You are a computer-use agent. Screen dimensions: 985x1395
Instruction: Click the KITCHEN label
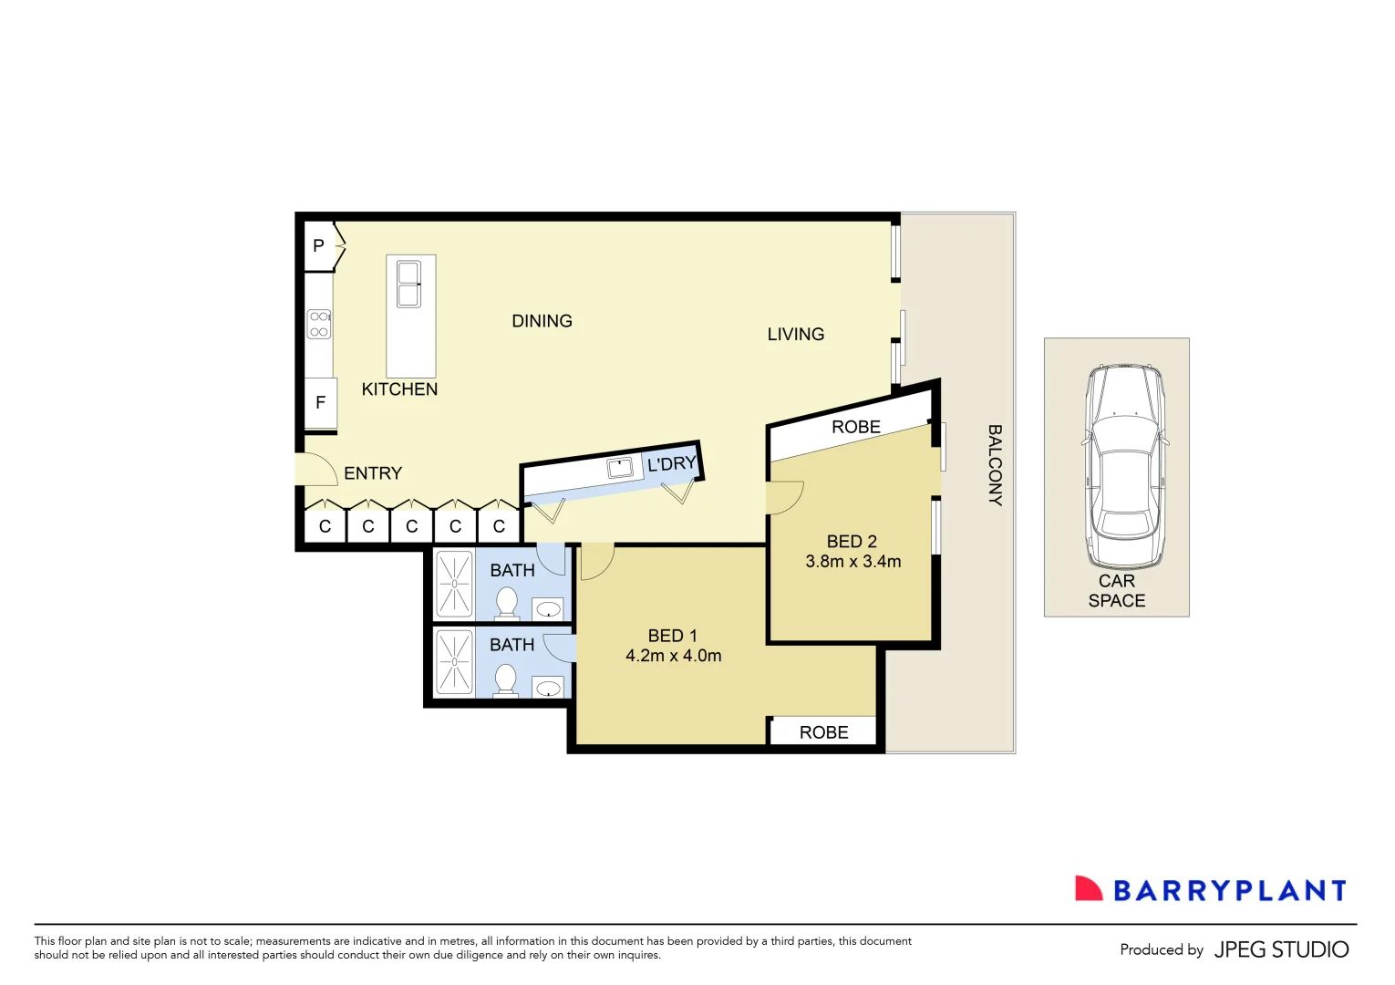pos(399,389)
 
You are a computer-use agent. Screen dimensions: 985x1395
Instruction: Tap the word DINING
pos(542,321)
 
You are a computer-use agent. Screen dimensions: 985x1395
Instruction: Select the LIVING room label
pos(795,335)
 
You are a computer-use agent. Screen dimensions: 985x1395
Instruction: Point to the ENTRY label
pos(373,473)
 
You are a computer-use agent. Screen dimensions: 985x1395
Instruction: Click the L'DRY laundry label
pos(671,464)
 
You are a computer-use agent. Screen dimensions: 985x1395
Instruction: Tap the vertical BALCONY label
pos(995,465)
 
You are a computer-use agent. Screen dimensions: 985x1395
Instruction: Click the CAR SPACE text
pos(1116,591)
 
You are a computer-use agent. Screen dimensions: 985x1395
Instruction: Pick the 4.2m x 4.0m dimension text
pos(673,656)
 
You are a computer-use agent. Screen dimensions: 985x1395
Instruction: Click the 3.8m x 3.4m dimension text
pos(852,562)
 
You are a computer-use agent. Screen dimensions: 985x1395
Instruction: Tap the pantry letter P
pos(318,245)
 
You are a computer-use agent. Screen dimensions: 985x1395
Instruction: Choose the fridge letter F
pos(320,402)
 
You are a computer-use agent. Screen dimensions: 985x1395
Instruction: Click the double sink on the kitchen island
pos(408,284)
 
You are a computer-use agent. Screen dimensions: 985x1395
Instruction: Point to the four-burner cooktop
pos(319,325)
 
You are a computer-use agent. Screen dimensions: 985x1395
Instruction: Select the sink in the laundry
pos(620,468)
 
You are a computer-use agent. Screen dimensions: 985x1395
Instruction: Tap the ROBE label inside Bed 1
pos(823,732)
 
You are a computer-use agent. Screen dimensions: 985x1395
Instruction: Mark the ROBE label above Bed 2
pos(855,427)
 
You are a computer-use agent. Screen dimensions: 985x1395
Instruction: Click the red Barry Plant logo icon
pos(1088,889)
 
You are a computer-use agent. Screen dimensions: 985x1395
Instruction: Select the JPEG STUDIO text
pos(1281,949)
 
